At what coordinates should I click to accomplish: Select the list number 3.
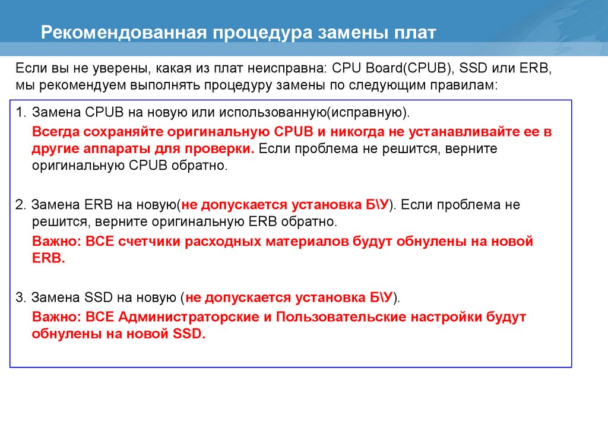tap(20, 297)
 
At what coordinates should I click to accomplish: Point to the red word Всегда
tap(53, 131)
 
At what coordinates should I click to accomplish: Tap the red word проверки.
tap(221, 148)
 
